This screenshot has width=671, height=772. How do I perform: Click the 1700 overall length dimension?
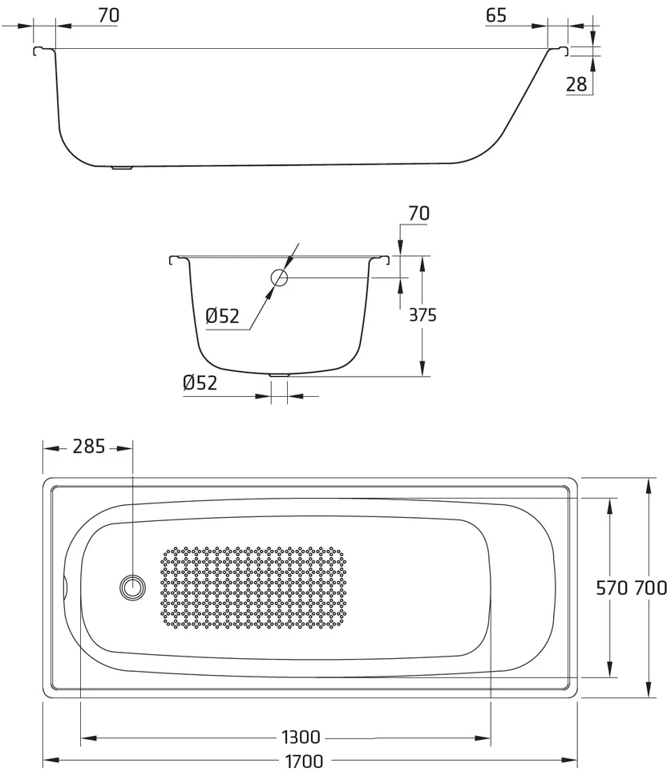pyautogui.click(x=305, y=761)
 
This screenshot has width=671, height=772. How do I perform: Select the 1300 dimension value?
pyautogui.click(x=301, y=737)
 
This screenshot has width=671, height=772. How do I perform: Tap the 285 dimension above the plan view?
pyautogui.click(x=89, y=447)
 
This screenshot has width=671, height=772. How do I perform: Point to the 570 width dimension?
pyautogui.click(x=612, y=588)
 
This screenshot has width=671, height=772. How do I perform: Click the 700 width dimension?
pyautogui.click(x=650, y=588)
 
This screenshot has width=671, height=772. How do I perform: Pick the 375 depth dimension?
pyautogui.click(x=422, y=314)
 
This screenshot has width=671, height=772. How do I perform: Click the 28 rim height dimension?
pyautogui.click(x=576, y=85)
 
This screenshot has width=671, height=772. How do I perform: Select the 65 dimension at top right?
pyautogui.click(x=495, y=16)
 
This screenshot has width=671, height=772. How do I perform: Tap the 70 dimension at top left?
pyautogui.click(x=108, y=15)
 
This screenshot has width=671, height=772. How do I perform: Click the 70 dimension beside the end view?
pyautogui.click(x=418, y=213)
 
